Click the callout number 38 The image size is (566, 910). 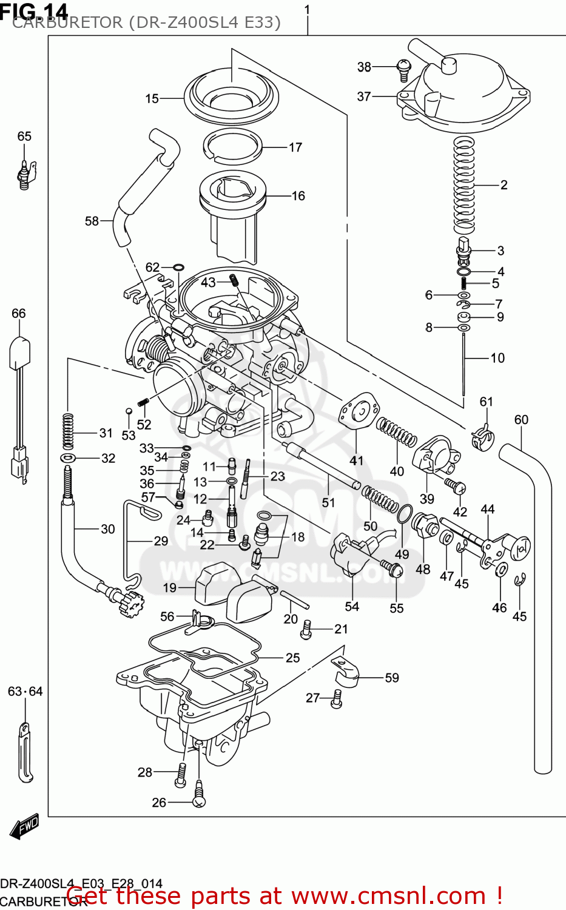coord(363,67)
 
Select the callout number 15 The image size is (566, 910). coord(152,98)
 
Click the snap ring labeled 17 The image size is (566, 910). coord(232,147)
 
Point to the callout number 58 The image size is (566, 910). coord(92,221)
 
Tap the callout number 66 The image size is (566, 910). coord(19,314)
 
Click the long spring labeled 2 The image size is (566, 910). coord(465,185)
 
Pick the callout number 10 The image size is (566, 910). coord(497,358)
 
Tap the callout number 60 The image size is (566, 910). coord(521,420)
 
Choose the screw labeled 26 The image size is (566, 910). coord(199,795)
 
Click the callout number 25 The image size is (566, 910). coord(292,658)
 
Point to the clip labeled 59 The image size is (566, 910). coord(346,675)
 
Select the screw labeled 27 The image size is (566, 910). coord(337,699)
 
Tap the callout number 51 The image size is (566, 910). coord(328,502)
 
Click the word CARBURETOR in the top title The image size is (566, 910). coord(67,23)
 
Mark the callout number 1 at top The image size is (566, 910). coord(307,10)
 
